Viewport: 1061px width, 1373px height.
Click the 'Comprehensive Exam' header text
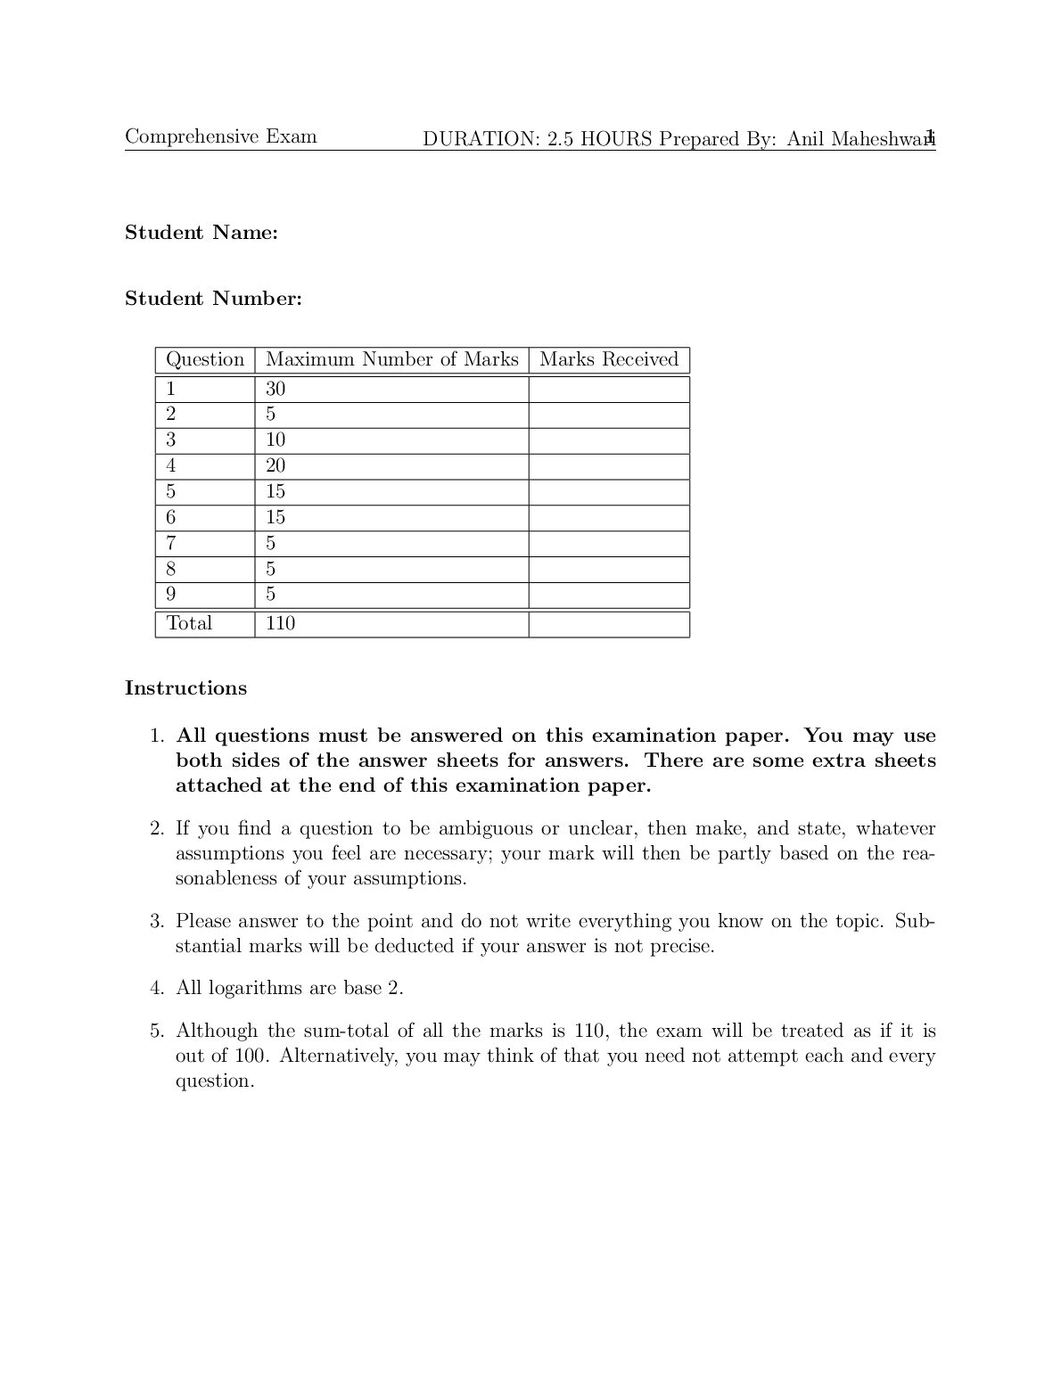(x=220, y=136)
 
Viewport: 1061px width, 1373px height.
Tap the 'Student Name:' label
(x=202, y=233)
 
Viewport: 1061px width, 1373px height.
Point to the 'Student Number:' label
(x=213, y=299)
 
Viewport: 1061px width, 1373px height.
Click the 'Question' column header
(x=205, y=359)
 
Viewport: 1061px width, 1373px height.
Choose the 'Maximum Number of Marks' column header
(x=391, y=359)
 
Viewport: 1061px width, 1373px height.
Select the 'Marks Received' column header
(x=609, y=359)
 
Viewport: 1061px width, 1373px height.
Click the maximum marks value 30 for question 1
(x=276, y=389)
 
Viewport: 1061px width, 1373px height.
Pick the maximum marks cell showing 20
(x=276, y=465)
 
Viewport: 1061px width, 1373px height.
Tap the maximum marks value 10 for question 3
(x=276, y=440)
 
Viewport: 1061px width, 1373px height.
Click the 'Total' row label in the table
(x=189, y=623)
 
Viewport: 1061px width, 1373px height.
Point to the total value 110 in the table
(x=280, y=623)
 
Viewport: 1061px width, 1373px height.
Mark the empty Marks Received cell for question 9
(x=609, y=595)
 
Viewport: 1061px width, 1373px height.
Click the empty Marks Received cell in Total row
(x=609, y=623)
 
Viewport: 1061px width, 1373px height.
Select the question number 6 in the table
(x=171, y=517)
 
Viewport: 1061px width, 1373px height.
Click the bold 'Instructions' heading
(x=185, y=688)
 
